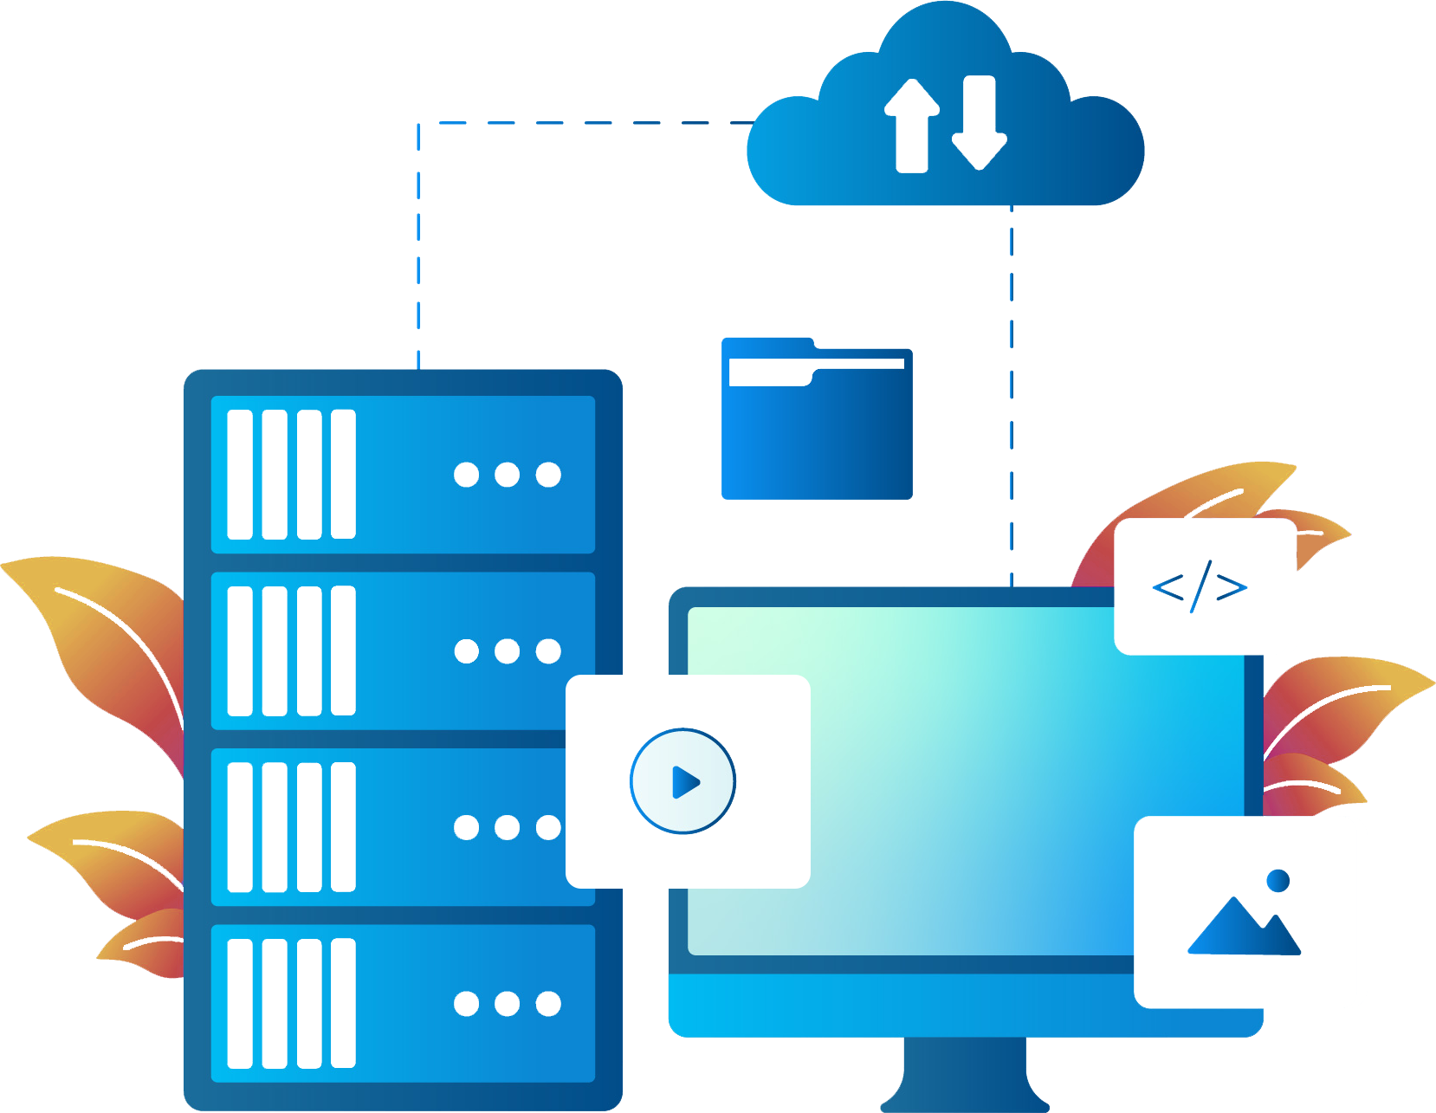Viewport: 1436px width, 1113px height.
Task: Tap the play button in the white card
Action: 683,781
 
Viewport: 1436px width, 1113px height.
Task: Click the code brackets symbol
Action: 1200,587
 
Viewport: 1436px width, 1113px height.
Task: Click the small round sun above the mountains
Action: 1278,881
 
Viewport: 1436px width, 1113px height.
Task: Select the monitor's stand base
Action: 964,1083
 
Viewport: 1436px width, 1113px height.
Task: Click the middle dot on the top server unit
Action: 507,475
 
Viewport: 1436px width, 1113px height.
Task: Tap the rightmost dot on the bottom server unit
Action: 548,1004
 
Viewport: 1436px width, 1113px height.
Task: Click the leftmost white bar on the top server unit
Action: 240,475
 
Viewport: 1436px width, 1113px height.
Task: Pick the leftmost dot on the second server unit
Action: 466,651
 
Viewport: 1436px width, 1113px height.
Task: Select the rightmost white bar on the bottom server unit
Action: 344,1003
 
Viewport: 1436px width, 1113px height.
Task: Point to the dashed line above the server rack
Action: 418,243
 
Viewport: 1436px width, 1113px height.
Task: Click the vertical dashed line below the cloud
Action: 1012,390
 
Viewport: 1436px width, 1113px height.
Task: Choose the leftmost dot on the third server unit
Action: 466,828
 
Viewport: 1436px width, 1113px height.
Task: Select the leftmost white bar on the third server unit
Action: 240,827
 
